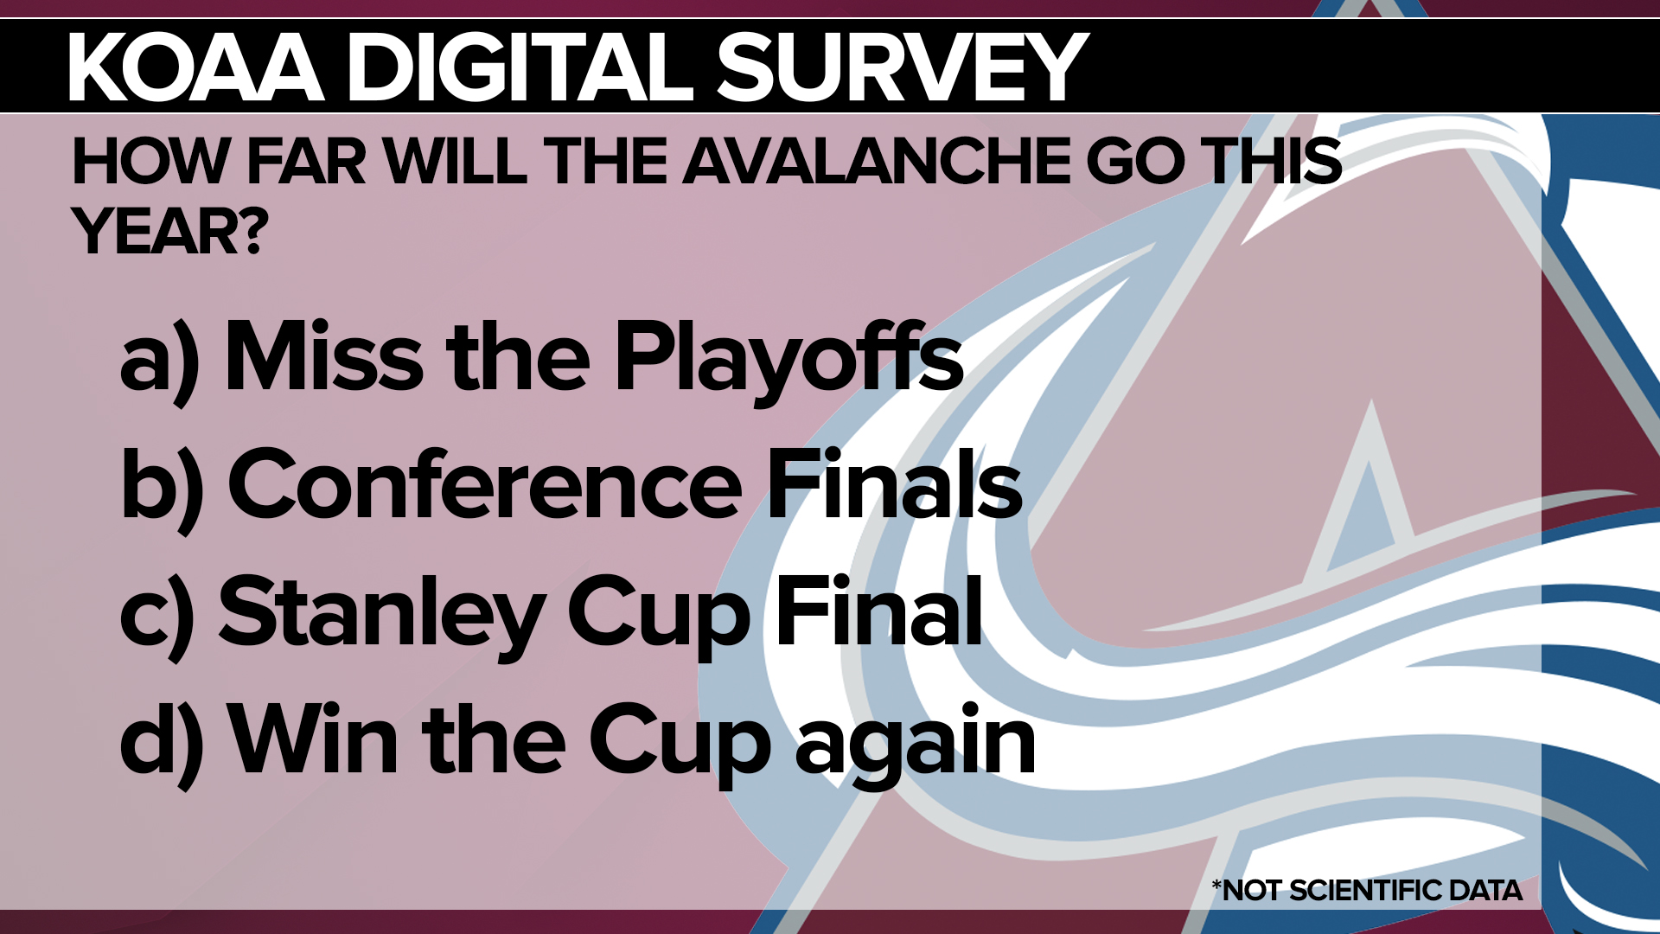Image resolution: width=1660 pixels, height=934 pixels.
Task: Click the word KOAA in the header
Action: pyautogui.click(x=195, y=67)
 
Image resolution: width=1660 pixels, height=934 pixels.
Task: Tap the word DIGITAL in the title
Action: pyautogui.click(x=521, y=67)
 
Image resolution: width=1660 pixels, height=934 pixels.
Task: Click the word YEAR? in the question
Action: pyautogui.click(x=170, y=232)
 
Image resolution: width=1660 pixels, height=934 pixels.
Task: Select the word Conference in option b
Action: pyautogui.click(x=484, y=484)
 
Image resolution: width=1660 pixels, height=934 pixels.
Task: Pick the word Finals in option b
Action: pyautogui.click(x=895, y=484)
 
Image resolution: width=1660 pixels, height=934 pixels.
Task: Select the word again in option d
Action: pyautogui.click(x=915, y=744)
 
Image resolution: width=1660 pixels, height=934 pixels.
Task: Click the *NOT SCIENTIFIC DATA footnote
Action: pyautogui.click(x=1367, y=891)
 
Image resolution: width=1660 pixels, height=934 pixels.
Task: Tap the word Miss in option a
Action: pyautogui.click(x=324, y=356)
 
